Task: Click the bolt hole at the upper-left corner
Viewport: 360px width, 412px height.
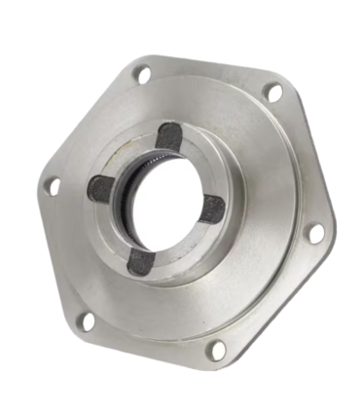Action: (142, 72)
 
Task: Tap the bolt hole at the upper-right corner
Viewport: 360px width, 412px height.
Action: (274, 93)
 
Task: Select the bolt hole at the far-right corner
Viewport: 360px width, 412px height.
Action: (316, 232)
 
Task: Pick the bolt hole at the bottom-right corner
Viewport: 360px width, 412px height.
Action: (218, 348)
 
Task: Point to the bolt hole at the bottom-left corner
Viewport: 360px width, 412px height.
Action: (87, 319)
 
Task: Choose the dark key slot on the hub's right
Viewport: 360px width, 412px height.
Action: (212, 207)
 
